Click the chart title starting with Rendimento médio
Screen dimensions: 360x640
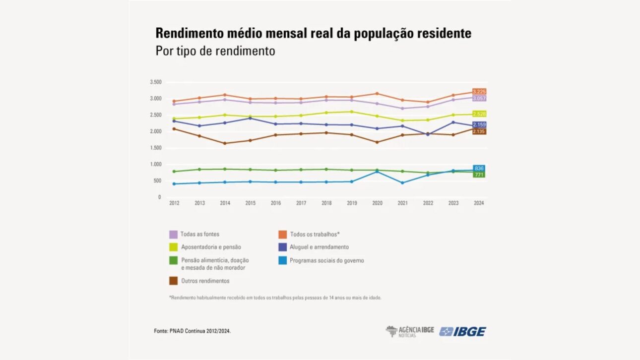[313, 34]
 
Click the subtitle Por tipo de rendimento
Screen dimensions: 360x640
[215, 51]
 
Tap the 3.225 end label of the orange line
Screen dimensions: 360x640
[479, 92]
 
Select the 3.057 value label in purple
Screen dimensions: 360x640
[479, 98]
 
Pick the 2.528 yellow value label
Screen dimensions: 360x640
[479, 114]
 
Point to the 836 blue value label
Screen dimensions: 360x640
[479, 168]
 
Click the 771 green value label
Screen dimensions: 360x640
[479, 175]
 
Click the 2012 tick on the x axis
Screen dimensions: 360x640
[174, 203]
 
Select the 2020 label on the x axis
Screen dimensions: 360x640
[378, 203]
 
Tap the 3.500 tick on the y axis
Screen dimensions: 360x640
[155, 82]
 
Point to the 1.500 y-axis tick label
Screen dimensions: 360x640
[155, 148]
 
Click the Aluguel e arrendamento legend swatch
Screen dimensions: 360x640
[283, 247]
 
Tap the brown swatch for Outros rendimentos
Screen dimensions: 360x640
[173, 281]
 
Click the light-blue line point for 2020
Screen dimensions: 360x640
[378, 172]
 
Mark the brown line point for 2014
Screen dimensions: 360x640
[225, 143]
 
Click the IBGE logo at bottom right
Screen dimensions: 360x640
[462, 331]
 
